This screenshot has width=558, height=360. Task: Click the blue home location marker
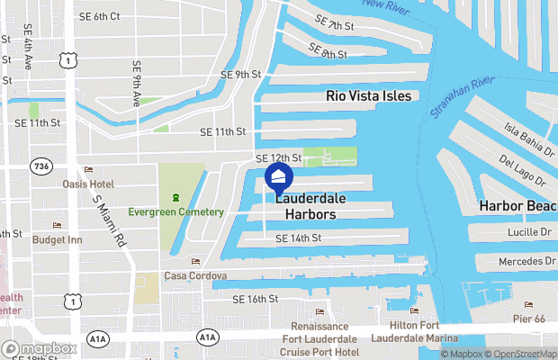pos(279,177)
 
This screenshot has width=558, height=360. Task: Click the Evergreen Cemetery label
pos(175,211)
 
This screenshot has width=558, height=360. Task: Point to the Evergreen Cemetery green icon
pos(175,197)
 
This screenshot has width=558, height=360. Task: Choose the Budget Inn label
pos(58,239)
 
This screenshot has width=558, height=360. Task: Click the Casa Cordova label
pos(195,275)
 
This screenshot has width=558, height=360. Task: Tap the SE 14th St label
pos(298,238)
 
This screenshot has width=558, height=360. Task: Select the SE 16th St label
pos(255,299)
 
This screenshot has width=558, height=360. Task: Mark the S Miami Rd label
pos(107,220)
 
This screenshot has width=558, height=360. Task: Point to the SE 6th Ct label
pos(100,17)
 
